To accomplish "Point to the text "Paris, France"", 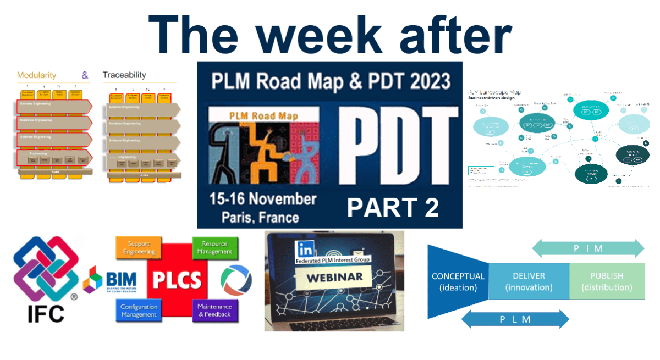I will (x=260, y=217).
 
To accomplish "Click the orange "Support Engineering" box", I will (x=134, y=248).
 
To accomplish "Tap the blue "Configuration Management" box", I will (x=139, y=311).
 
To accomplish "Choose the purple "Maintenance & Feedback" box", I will (x=215, y=310).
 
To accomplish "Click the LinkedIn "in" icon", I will (x=302, y=247).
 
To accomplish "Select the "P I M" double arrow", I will (x=588, y=248).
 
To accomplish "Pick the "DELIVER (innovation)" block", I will (x=529, y=281).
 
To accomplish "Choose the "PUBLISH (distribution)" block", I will (x=607, y=281).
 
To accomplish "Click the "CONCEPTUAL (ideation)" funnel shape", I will (x=458, y=281).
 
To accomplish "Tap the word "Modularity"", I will (x=40, y=75).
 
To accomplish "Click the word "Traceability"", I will (x=124, y=75).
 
